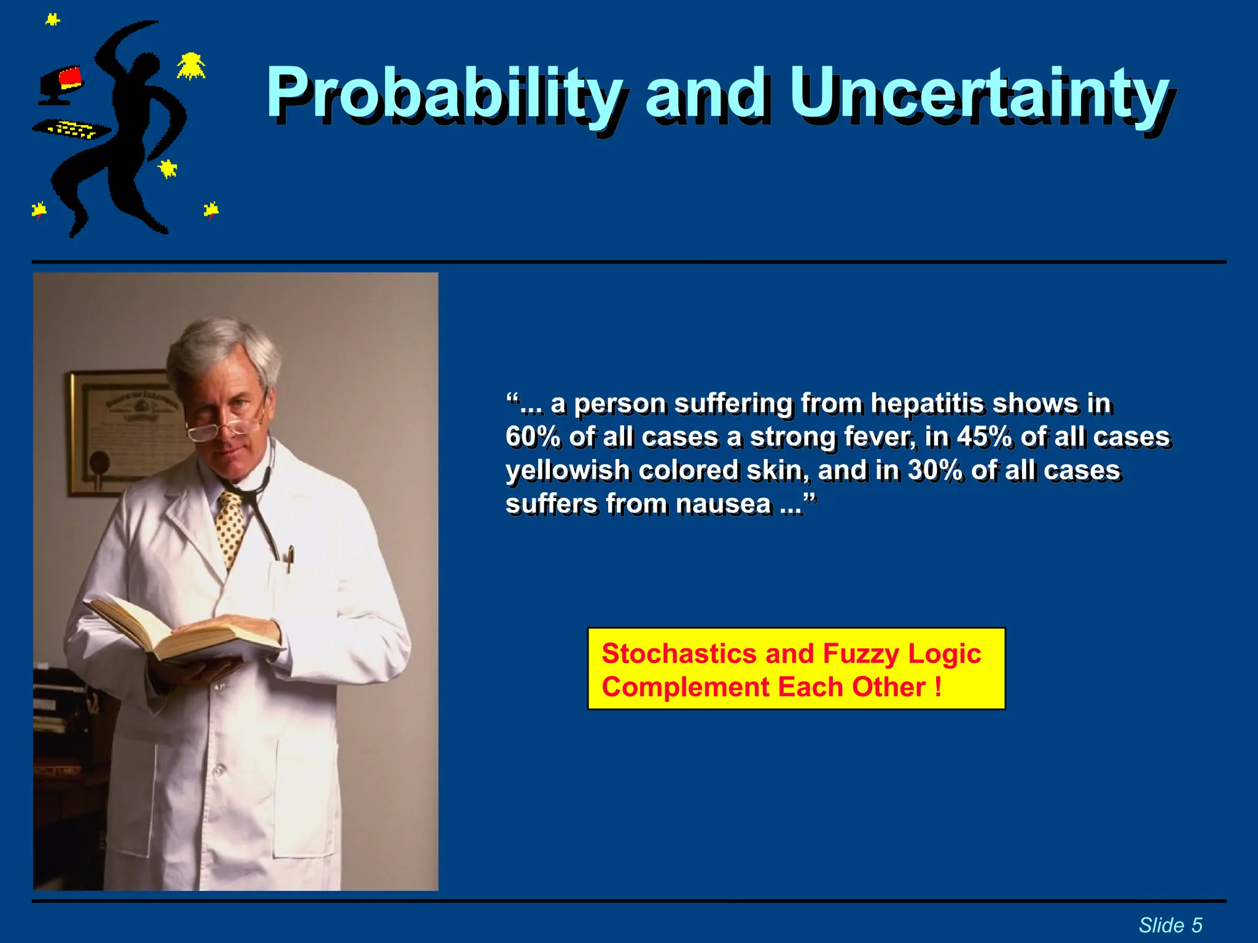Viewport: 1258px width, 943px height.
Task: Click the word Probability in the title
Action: (x=443, y=93)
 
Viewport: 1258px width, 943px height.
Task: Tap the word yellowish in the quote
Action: (x=568, y=471)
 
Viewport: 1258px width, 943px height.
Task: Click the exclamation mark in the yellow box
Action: (x=938, y=686)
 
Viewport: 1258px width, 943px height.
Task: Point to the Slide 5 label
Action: (x=1170, y=925)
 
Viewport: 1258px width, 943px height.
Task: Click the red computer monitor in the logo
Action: (x=69, y=79)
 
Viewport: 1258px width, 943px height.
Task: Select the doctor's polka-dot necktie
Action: (x=232, y=528)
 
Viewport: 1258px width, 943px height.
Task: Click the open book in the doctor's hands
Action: (x=184, y=632)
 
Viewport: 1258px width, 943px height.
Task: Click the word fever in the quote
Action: (x=880, y=437)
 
